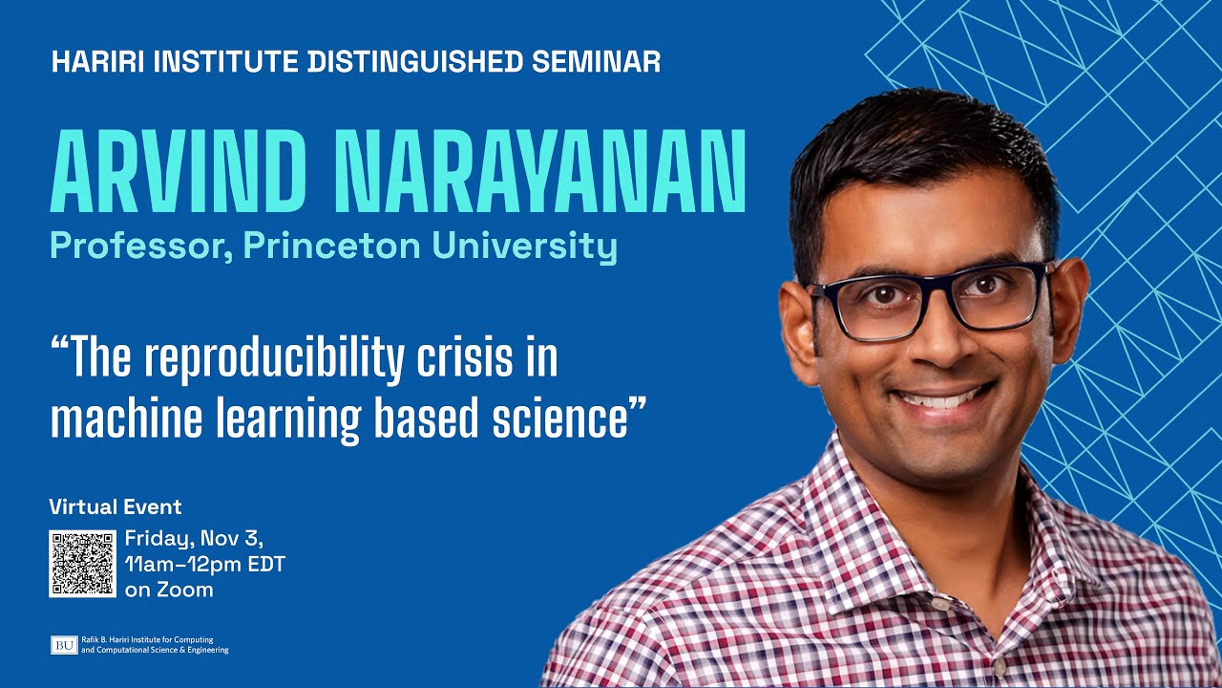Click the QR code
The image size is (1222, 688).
(x=82, y=564)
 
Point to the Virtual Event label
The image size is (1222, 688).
(x=115, y=506)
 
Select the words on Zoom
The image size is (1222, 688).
(x=169, y=590)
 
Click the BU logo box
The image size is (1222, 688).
(x=64, y=645)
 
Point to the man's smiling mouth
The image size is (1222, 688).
(x=940, y=399)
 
